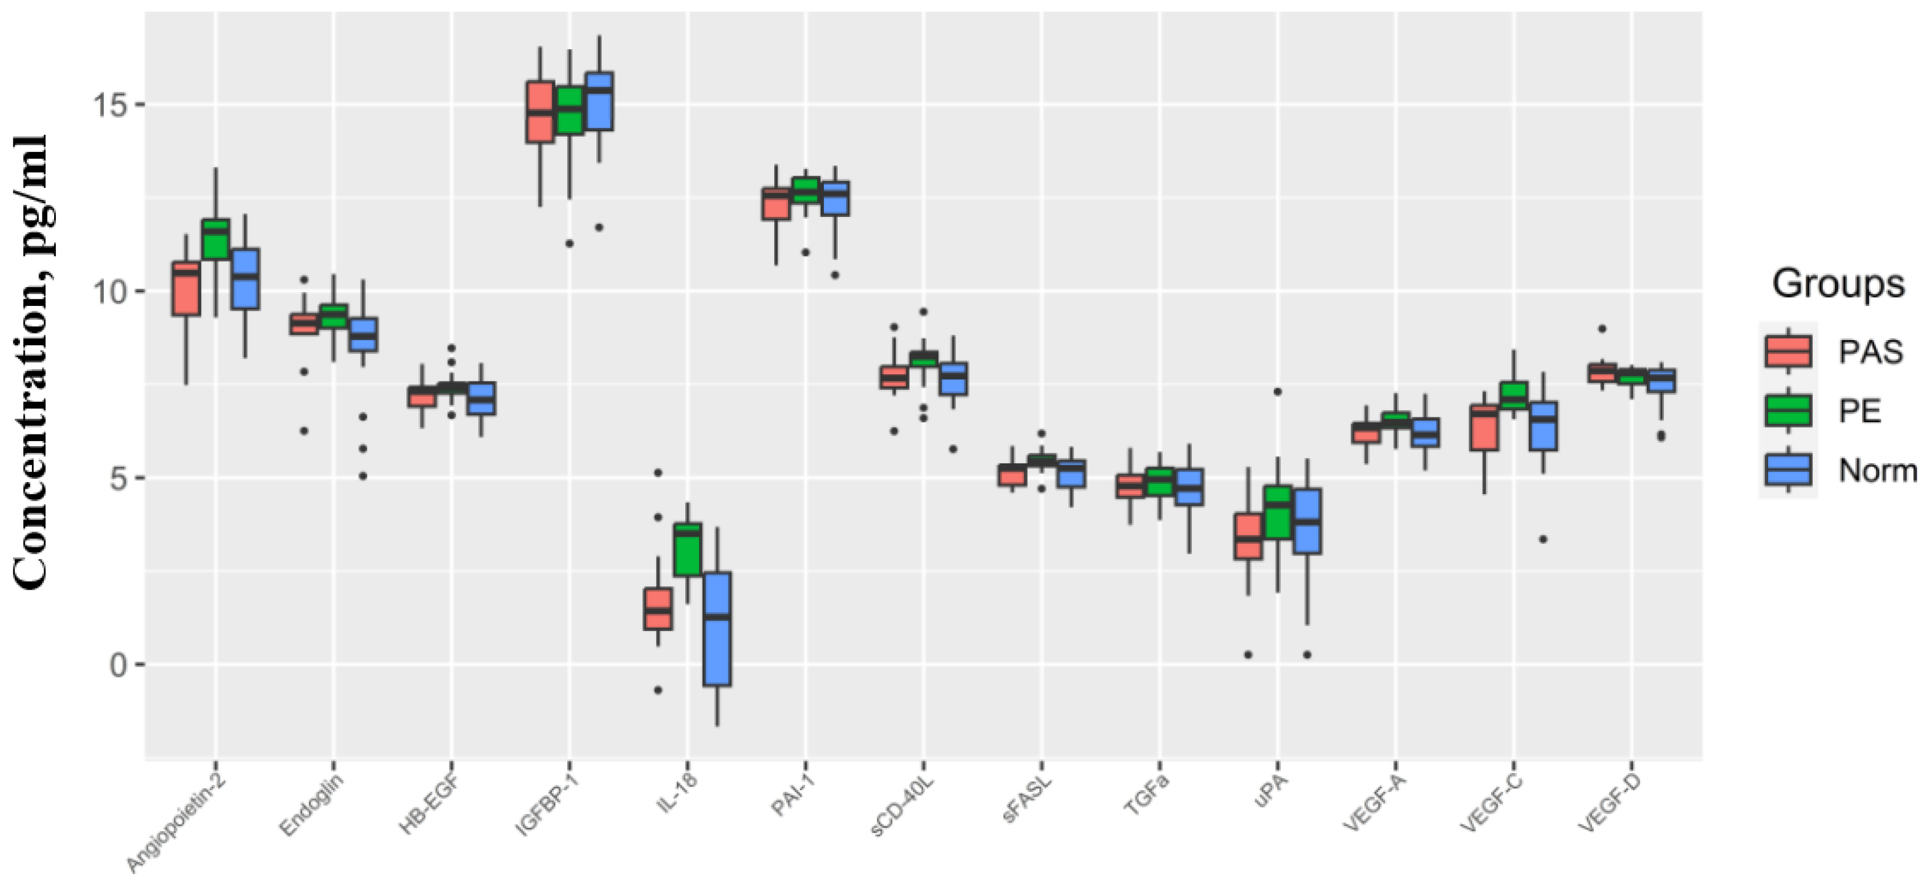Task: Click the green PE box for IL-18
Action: pyautogui.click(x=687, y=549)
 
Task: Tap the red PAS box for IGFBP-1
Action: pyautogui.click(x=540, y=112)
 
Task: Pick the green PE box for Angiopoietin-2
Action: pyautogui.click(x=215, y=239)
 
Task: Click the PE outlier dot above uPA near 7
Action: pyautogui.click(x=1277, y=391)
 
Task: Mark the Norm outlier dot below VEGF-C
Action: pyautogui.click(x=1543, y=539)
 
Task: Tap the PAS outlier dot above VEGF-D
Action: pyautogui.click(x=1601, y=329)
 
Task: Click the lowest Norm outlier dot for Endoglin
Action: pyautogui.click(x=363, y=476)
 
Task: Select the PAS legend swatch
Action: pyautogui.click(x=1788, y=351)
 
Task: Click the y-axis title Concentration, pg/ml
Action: pyautogui.click(x=31, y=362)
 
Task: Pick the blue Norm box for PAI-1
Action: pyautogui.click(x=835, y=198)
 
